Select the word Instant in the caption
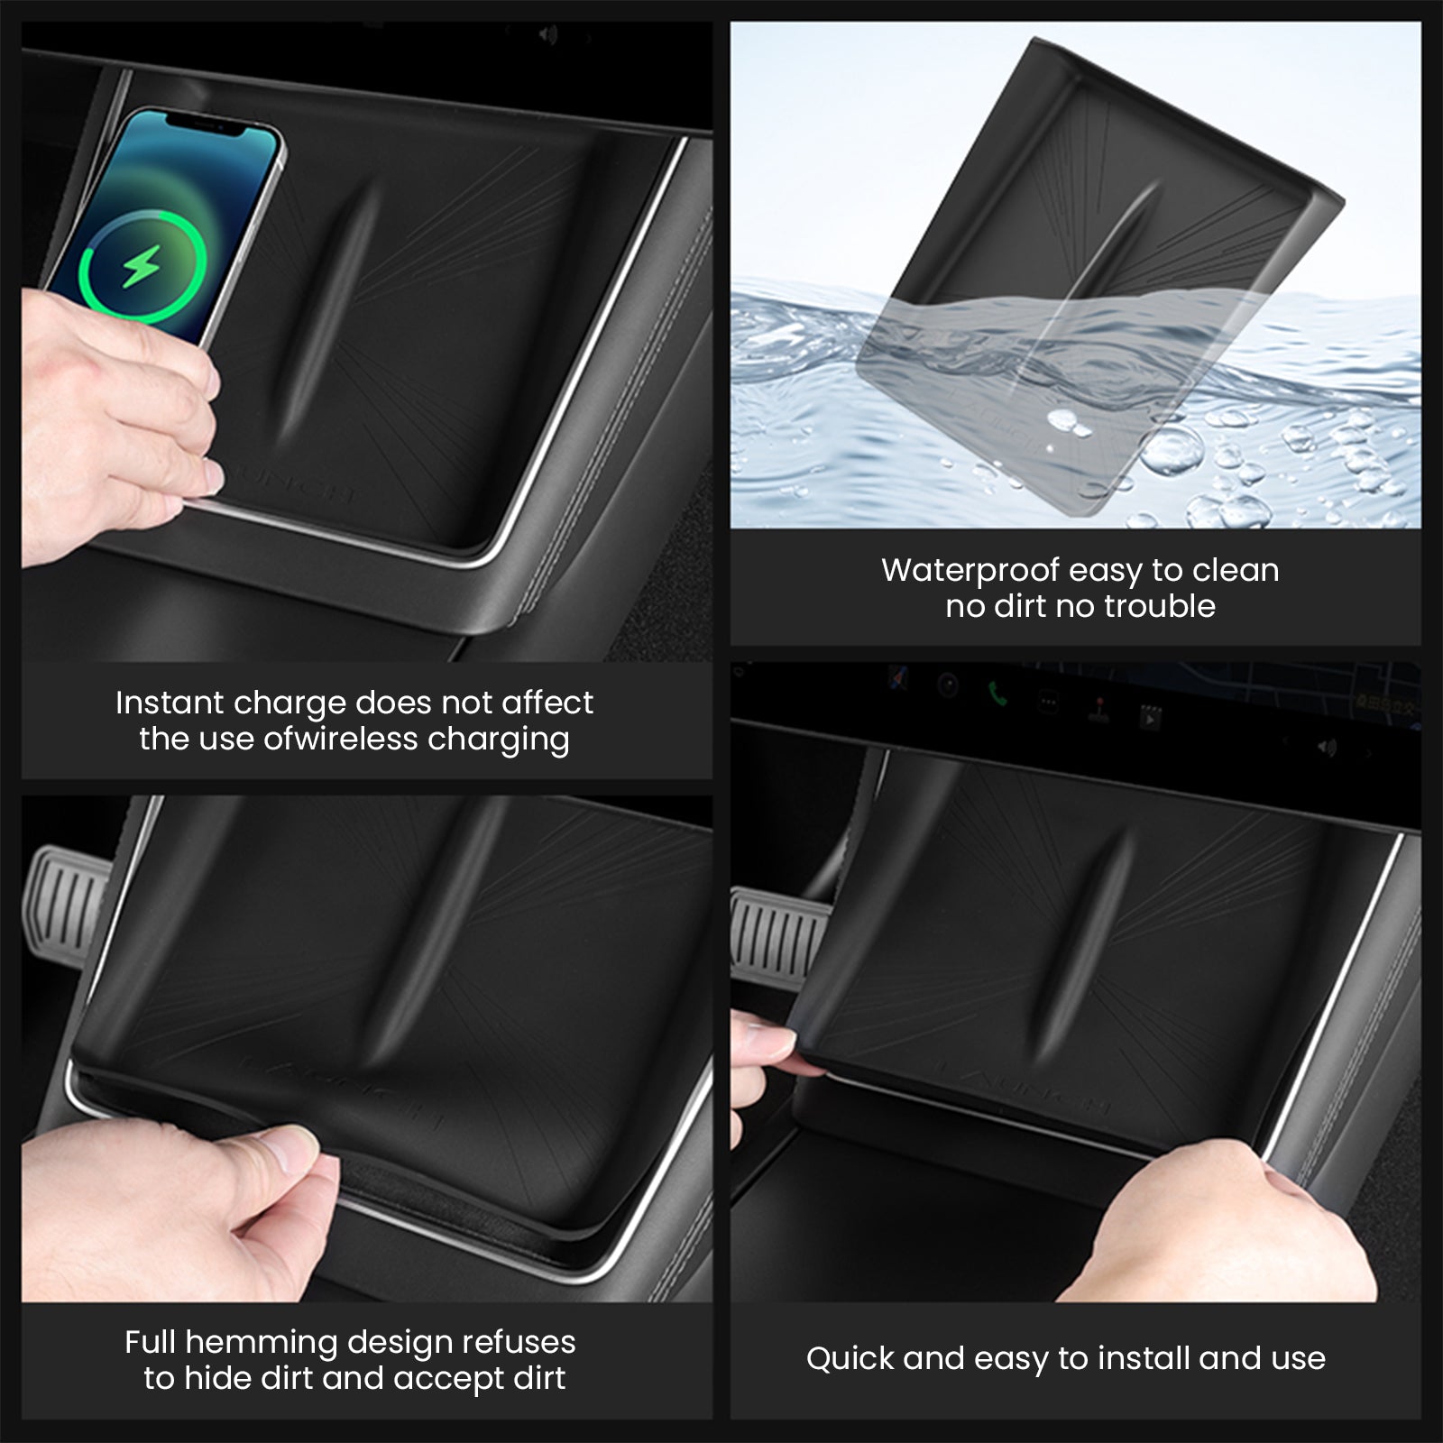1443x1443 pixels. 170,703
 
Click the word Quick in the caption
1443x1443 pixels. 850,1359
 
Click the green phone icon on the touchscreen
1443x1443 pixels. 997,694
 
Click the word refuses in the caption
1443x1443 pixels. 519,1342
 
